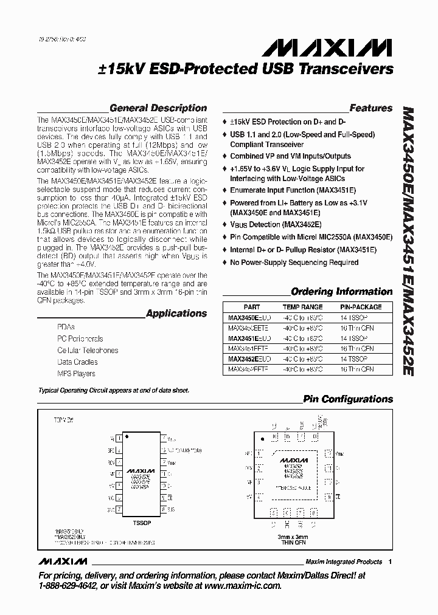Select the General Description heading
(x=158, y=108)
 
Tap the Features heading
(x=371, y=108)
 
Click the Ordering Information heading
(x=341, y=291)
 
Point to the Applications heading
(x=176, y=314)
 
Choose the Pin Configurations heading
(x=348, y=399)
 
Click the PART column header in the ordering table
(x=252, y=307)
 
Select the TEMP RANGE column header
(x=302, y=307)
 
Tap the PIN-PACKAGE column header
(x=361, y=307)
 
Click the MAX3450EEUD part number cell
(x=250, y=317)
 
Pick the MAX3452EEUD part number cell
(x=250, y=359)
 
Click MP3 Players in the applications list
(x=76, y=374)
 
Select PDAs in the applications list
(x=66, y=327)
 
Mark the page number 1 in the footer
(x=390, y=562)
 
